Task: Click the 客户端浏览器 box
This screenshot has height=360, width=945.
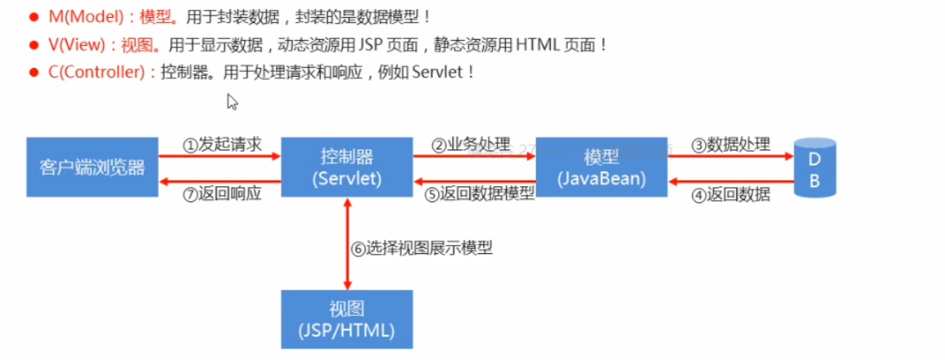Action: [x=92, y=167]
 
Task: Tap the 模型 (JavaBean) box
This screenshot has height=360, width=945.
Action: [x=601, y=167]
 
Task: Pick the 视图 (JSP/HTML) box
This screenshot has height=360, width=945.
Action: [x=347, y=319]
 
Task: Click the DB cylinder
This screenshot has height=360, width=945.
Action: [x=814, y=169]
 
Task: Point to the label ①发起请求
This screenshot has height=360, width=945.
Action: [x=222, y=145]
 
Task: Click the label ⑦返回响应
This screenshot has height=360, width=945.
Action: [x=222, y=193]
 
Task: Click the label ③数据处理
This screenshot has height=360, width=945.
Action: [x=730, y=145]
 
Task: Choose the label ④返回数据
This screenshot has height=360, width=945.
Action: [x=730, y=194]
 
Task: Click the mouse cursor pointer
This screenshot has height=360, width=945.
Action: [x=232, y=101]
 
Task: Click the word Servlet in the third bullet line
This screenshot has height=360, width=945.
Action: [x=439, y=72]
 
